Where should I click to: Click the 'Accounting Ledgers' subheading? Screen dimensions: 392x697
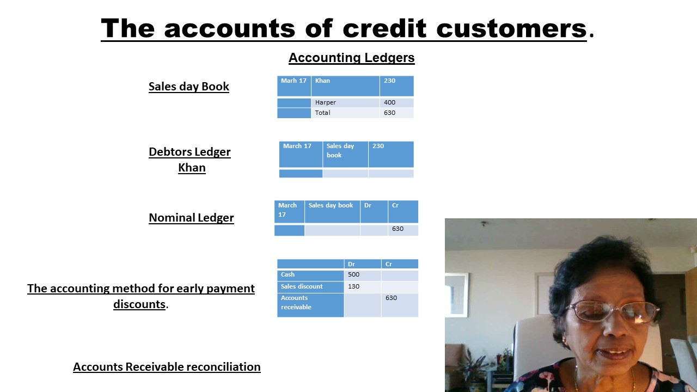[x=351, y=58]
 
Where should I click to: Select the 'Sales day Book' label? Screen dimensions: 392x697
[x=188, y=87]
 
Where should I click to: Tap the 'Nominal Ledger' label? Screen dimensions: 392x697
[x=191, y=218]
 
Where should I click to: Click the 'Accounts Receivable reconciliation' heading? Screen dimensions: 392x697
[x=167, y=367]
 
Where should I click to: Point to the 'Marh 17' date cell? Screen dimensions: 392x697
[x=294, y=81]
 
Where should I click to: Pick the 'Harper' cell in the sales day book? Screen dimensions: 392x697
[x=325, y=102]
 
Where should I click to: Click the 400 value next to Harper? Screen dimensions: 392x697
[x=389, y=102]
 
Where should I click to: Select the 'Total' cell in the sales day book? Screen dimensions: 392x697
[x=322, y=113]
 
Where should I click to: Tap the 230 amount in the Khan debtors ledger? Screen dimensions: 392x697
[x=378, y=146]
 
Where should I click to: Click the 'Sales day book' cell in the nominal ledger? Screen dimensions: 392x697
[x=331, y=205]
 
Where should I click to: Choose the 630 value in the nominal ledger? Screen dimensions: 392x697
[x=398, y=229]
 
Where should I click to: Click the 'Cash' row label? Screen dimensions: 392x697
[x=288, y=274]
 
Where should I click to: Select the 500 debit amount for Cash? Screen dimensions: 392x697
[x=353, y=274]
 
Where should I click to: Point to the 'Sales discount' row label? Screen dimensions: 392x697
[x=302, y=286]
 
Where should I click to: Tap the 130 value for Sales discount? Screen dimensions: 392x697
[x=353, y=286]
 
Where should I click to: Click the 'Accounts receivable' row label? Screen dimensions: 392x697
[x=296, y=302]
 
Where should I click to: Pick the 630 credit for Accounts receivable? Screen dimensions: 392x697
[x=391, y=298]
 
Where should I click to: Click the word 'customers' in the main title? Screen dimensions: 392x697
[x=511, y=28]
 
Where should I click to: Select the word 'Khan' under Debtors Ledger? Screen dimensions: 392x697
[x=192, y=168]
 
